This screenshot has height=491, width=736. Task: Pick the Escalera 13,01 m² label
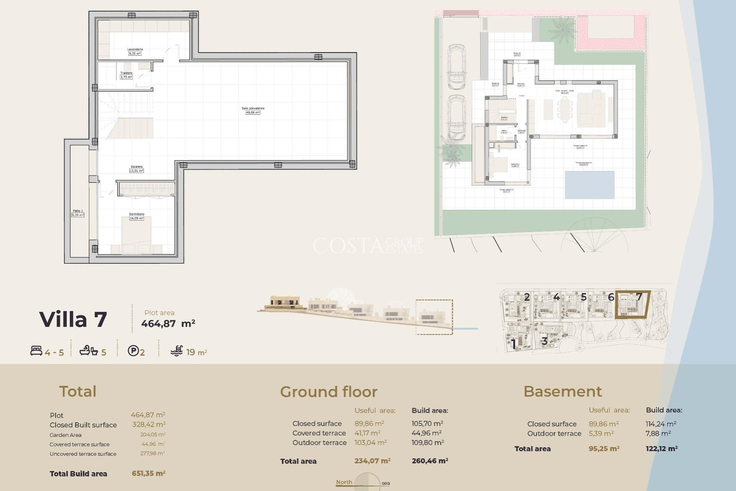pyautogui.click(x=136, y=169)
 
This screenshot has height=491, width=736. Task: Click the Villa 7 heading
pyautogui.click(x=73, y=320)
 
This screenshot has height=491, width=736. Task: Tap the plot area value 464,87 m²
pyautogui.click(x=168, y=323)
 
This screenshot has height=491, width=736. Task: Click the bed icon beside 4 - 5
pyautogui.click(x=36, y=351)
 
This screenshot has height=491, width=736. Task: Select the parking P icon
pyautogui.click(x=133, y=351)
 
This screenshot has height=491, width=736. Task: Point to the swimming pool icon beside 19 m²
pyautogui.click(x=177, y=351)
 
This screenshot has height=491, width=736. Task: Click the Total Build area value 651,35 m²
pyautogui.click(x=148, y=473)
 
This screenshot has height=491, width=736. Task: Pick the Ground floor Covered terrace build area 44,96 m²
pyautogui.click(x=426, y=433)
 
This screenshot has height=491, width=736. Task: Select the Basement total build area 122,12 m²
pyautogui.click(x=661, y=448)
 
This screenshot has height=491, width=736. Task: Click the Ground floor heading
pyautogui.click(x=329, y=392)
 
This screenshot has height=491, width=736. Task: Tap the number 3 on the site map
pyautogui.click(x=544, y=341)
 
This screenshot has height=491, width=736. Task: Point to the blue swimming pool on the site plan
pyautogui.click(x=589, y=185)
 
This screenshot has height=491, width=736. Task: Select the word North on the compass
pyautogui.click(x=344, y=482)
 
